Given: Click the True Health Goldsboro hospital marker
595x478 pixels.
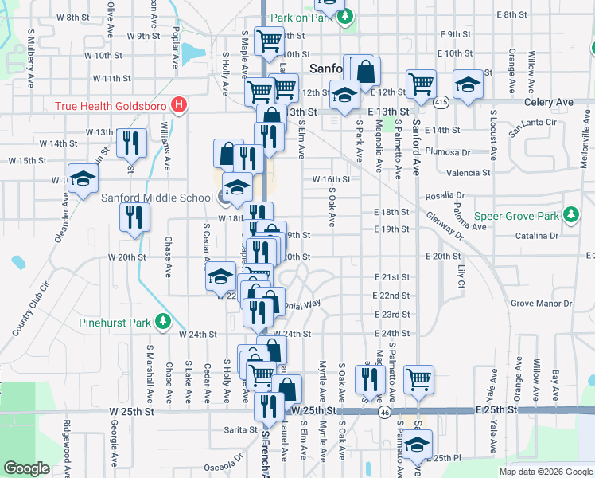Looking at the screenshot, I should [x=180, y=104].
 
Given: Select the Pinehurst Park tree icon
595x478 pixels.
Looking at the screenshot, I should [x=163, y=322].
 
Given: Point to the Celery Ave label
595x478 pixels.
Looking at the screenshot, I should [x=548, y=103].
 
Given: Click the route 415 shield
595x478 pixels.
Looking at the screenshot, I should [x=441, y=102].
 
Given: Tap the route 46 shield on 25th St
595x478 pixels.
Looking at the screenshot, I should [x=384, y=412].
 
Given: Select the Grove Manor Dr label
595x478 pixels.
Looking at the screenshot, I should [x=541, y=304].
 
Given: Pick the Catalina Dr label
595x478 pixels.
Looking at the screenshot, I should [x=535, y=236].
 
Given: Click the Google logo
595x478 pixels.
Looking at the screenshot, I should [x=26, y=468].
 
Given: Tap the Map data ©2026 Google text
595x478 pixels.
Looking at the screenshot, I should [x=545, y=472].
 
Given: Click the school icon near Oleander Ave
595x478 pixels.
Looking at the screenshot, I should [x=82, y=179].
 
